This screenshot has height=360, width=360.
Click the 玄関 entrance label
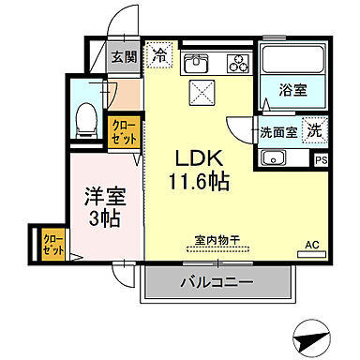(126, 57)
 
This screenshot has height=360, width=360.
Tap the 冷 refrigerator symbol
(161, 56)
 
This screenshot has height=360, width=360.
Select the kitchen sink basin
(197, 64)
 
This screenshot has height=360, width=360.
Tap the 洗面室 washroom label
(277, 132)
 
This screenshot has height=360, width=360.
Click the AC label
(311, 247)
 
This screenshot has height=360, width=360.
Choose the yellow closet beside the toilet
(122, 129)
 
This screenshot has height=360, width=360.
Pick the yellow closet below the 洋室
(52, 245)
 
